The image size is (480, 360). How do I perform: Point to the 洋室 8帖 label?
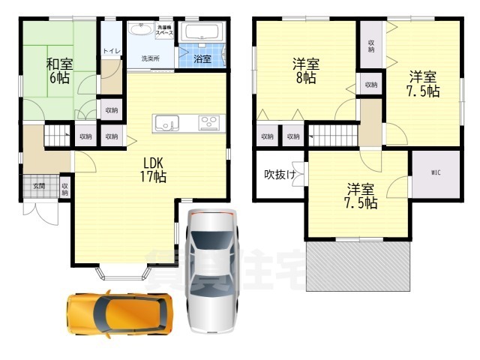(305, 70)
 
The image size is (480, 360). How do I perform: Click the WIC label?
(435, 173)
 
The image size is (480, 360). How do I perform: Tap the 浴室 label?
(202, 58)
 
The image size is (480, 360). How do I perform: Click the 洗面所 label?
(151, 58)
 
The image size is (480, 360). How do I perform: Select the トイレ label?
(112, 50)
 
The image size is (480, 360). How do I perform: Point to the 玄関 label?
(38, 186)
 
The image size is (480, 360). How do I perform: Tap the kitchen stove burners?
(208, 122)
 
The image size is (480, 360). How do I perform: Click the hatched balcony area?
(358, 266)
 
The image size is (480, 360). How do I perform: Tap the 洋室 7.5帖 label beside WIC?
(361, 195)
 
